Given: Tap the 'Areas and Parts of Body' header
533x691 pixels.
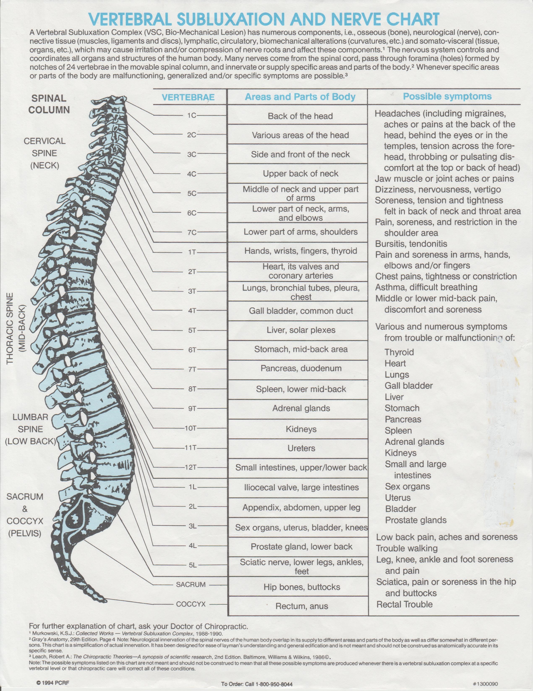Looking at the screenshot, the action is [x=300, y=97].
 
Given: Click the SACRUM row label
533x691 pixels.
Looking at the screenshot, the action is [x=191, y=584].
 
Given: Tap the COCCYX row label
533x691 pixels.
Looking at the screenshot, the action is [x=191, y=604].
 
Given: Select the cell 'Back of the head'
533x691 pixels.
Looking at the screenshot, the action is [x=300, y=116].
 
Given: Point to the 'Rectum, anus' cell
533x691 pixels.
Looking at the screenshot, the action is [x=302, y=606].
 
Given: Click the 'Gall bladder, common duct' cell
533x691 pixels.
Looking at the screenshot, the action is [x=301, y=311].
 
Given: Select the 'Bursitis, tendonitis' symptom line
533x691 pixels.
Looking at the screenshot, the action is [x=411, y=244].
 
